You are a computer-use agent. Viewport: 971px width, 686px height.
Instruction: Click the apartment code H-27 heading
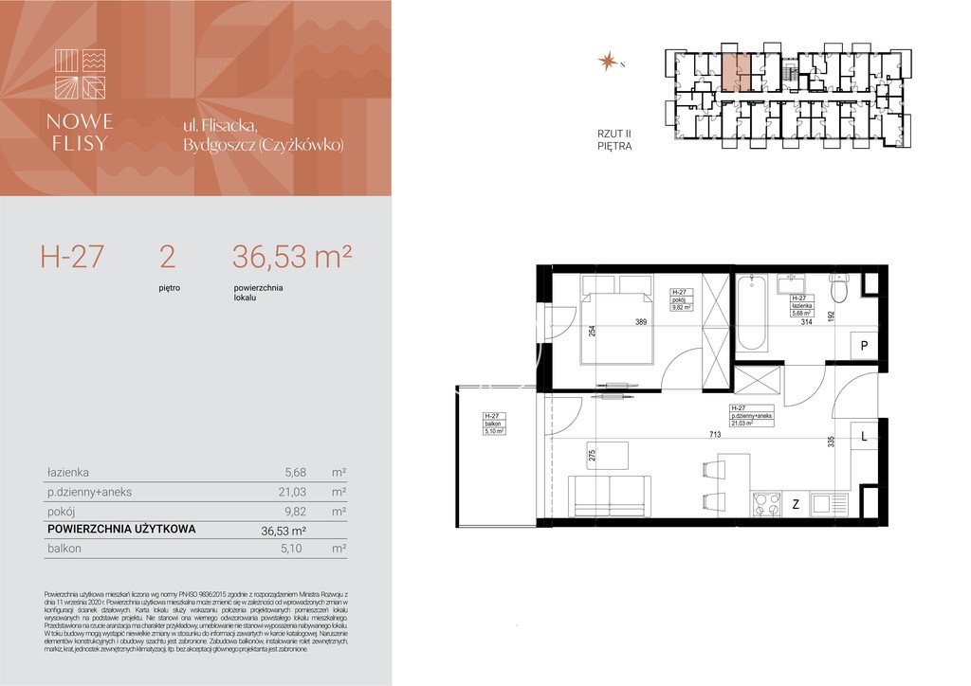[71, 256]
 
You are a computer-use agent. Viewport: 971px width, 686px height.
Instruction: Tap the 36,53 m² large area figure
[292, 256]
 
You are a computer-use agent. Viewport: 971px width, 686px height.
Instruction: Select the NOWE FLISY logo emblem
[81, 74]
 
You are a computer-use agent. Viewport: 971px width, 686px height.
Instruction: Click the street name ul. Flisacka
[233, 126]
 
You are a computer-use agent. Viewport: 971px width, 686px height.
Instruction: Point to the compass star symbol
[605, 63]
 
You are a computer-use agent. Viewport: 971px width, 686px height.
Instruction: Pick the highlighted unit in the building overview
[737, 72]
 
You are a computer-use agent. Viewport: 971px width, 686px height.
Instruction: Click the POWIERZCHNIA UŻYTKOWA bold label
[120, 530]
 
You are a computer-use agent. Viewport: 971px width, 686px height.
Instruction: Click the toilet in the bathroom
[837, 285]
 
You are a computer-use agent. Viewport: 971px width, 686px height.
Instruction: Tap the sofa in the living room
[610, 496]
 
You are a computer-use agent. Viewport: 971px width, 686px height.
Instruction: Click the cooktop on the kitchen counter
[765, 504]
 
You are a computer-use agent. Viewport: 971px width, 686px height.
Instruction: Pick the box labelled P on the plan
[864, 347]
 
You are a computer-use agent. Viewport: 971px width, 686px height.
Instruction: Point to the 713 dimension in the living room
[714, 435]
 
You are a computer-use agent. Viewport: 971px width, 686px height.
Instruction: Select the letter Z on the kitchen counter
[795, 505]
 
